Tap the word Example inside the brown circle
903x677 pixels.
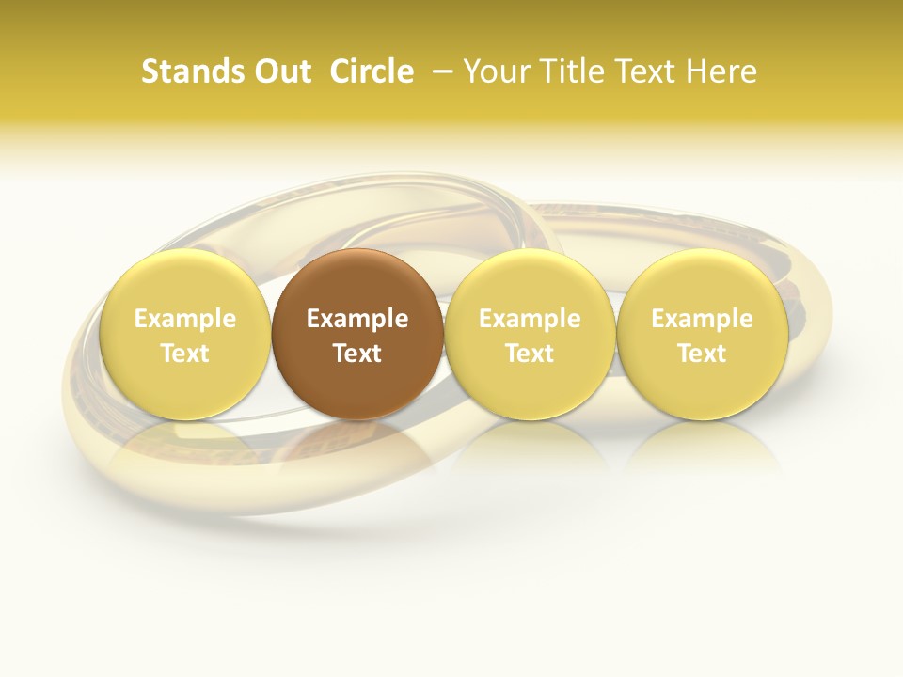pos(357,319)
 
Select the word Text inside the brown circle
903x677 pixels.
pos(357,354)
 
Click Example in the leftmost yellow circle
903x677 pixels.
pos(184,319)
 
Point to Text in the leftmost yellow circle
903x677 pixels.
pos(184,354)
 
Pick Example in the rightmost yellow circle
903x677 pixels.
pos(702,319)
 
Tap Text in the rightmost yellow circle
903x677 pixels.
pos(702,354)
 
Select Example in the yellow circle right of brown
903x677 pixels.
pos(530,319)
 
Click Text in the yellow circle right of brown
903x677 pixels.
pos(530,354)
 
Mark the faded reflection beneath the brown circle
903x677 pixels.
pos(357,451)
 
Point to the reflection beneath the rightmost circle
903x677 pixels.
pos(702,451)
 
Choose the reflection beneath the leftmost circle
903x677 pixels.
pos(184,451)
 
